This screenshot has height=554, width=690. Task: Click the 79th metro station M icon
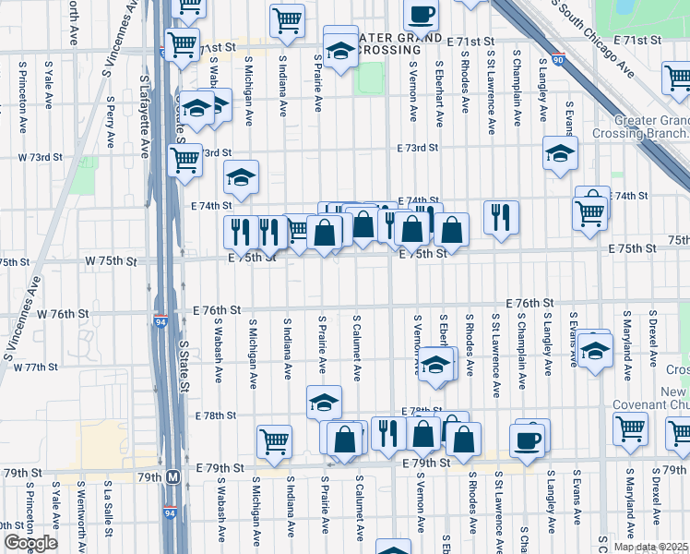click(x=172, y=477)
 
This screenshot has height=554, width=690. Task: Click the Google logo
click(x=30, y=543)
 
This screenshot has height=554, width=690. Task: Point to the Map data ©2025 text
click(x=650, y=547)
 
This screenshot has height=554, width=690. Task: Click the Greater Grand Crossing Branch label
click(x=652, y=126)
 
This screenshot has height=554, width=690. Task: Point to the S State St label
click(x=184, y=366)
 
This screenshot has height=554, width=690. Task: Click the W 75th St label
click(x=111, y=261)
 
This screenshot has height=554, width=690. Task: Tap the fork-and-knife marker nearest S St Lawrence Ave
click(x=500, y=217)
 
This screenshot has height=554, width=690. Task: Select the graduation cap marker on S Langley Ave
click(x=559, y=154)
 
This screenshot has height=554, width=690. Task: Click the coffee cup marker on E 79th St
click(x=528, y=440)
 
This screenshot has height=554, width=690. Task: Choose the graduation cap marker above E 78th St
click(x=325, y=402)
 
